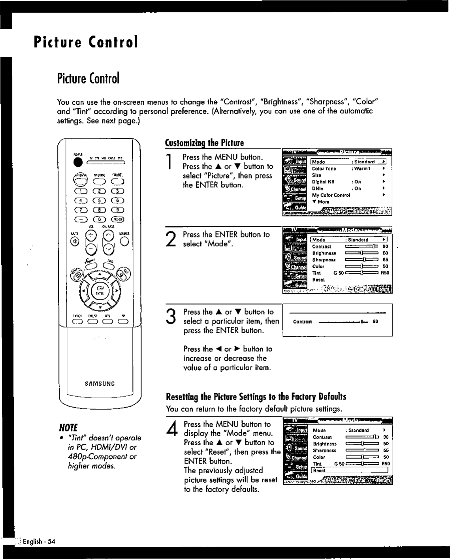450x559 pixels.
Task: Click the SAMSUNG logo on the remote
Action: click(100, 383)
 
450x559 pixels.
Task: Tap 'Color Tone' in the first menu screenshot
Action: click(324, 169)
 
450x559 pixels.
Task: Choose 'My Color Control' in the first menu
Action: click(331, 195)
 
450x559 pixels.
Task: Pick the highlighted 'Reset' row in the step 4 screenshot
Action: click(350, 470)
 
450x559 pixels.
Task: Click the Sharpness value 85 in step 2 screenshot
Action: click(385, 260)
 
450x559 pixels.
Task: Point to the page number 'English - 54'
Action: click(39, 541)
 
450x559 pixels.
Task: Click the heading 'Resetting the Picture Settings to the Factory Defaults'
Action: click(256, 397)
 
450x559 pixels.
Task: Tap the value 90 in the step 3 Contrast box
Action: click(375, 321)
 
